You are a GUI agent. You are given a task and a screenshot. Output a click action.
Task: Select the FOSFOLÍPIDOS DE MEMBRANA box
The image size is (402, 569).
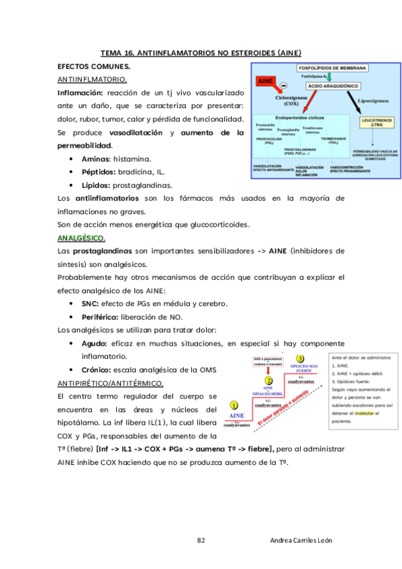332,68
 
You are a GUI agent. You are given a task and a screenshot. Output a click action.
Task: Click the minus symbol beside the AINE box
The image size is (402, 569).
284,87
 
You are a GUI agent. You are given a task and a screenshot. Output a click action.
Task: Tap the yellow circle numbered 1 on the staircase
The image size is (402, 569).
233,405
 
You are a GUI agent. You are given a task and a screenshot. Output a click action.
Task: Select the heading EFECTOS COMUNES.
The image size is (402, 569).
94,67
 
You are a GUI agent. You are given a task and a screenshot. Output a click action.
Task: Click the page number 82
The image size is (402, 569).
201,540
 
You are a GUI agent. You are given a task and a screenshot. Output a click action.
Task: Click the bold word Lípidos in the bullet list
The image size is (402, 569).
95,185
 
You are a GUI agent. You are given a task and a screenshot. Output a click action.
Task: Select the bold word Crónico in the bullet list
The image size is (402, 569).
97,370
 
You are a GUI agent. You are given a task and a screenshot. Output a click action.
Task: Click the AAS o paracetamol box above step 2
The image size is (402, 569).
267,362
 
